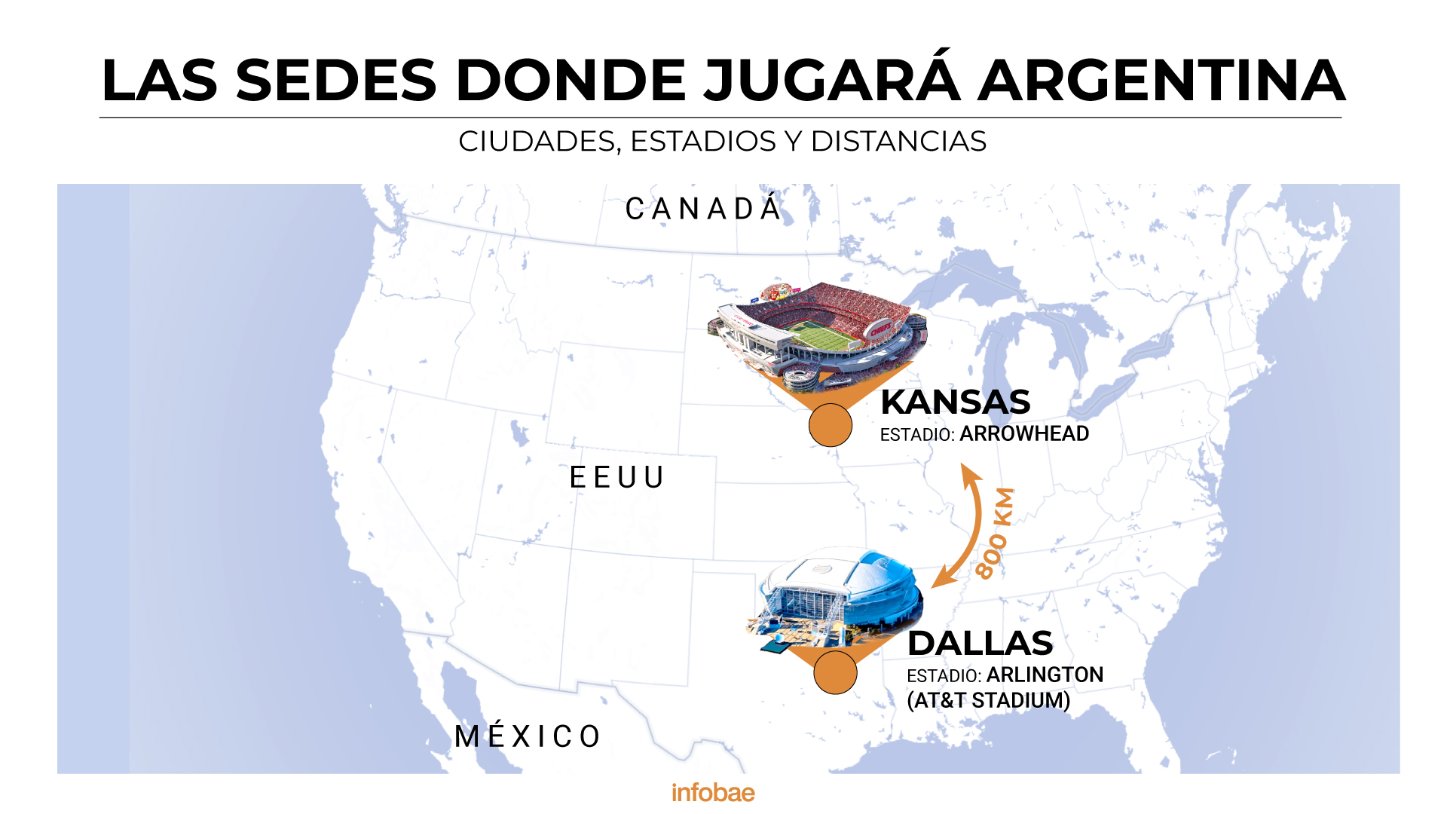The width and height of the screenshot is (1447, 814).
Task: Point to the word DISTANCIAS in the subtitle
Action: tap(898, 142)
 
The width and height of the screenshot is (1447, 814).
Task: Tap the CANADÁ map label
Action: tap(703, 210)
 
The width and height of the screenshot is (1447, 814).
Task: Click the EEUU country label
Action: tap(617, 478)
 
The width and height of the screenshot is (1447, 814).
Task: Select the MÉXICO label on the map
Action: tap(528, 736)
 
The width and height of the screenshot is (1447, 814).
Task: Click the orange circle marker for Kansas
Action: tap(830, 425)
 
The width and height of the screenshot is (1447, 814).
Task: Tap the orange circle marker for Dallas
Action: tap(835, 672)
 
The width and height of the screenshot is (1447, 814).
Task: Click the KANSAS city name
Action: tap(955, 402)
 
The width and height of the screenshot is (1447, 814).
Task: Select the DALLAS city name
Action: tap(980, 644)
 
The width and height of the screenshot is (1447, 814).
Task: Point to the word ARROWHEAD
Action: tap(1023, 434)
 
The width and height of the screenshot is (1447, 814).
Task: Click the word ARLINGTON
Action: tap(1045, 675)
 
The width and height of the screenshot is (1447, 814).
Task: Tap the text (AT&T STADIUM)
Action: tap(988, 701)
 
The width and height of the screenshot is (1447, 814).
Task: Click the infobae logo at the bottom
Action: tap(713, 793)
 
